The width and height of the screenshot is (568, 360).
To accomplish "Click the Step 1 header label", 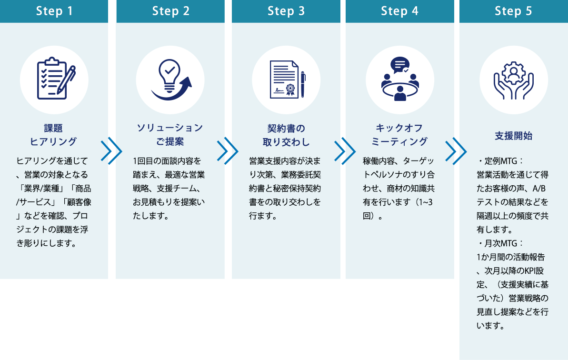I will point(54,11).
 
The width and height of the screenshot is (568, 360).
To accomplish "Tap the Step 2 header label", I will point(171,11).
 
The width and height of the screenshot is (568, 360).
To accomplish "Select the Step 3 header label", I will point(286,11).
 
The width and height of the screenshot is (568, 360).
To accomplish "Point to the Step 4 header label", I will point(400,11).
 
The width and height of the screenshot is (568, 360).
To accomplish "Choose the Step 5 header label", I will point(514,11).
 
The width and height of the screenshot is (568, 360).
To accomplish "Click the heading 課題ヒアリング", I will point(53,135).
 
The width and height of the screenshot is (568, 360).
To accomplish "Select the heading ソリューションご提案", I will point(170,135).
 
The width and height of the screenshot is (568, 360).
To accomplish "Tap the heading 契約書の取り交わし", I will point(286,135).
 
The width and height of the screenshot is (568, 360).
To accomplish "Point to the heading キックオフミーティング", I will point(399,135).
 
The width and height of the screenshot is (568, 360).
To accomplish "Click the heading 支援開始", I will point(514,136).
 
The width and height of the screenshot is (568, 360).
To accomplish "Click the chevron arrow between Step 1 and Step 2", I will point(112,151).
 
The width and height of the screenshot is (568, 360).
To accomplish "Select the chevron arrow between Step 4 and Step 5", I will point(456,151).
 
